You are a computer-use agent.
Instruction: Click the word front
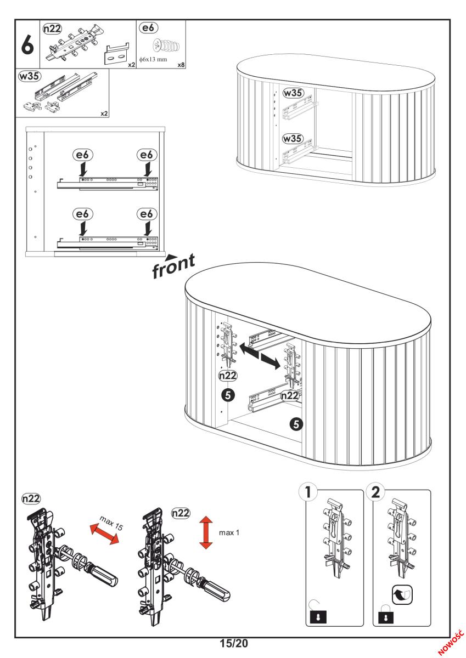[x=175, y=265]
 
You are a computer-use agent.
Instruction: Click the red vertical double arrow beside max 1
[x=206, y=532]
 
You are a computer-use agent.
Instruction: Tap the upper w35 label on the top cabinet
[x=293, y=93]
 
